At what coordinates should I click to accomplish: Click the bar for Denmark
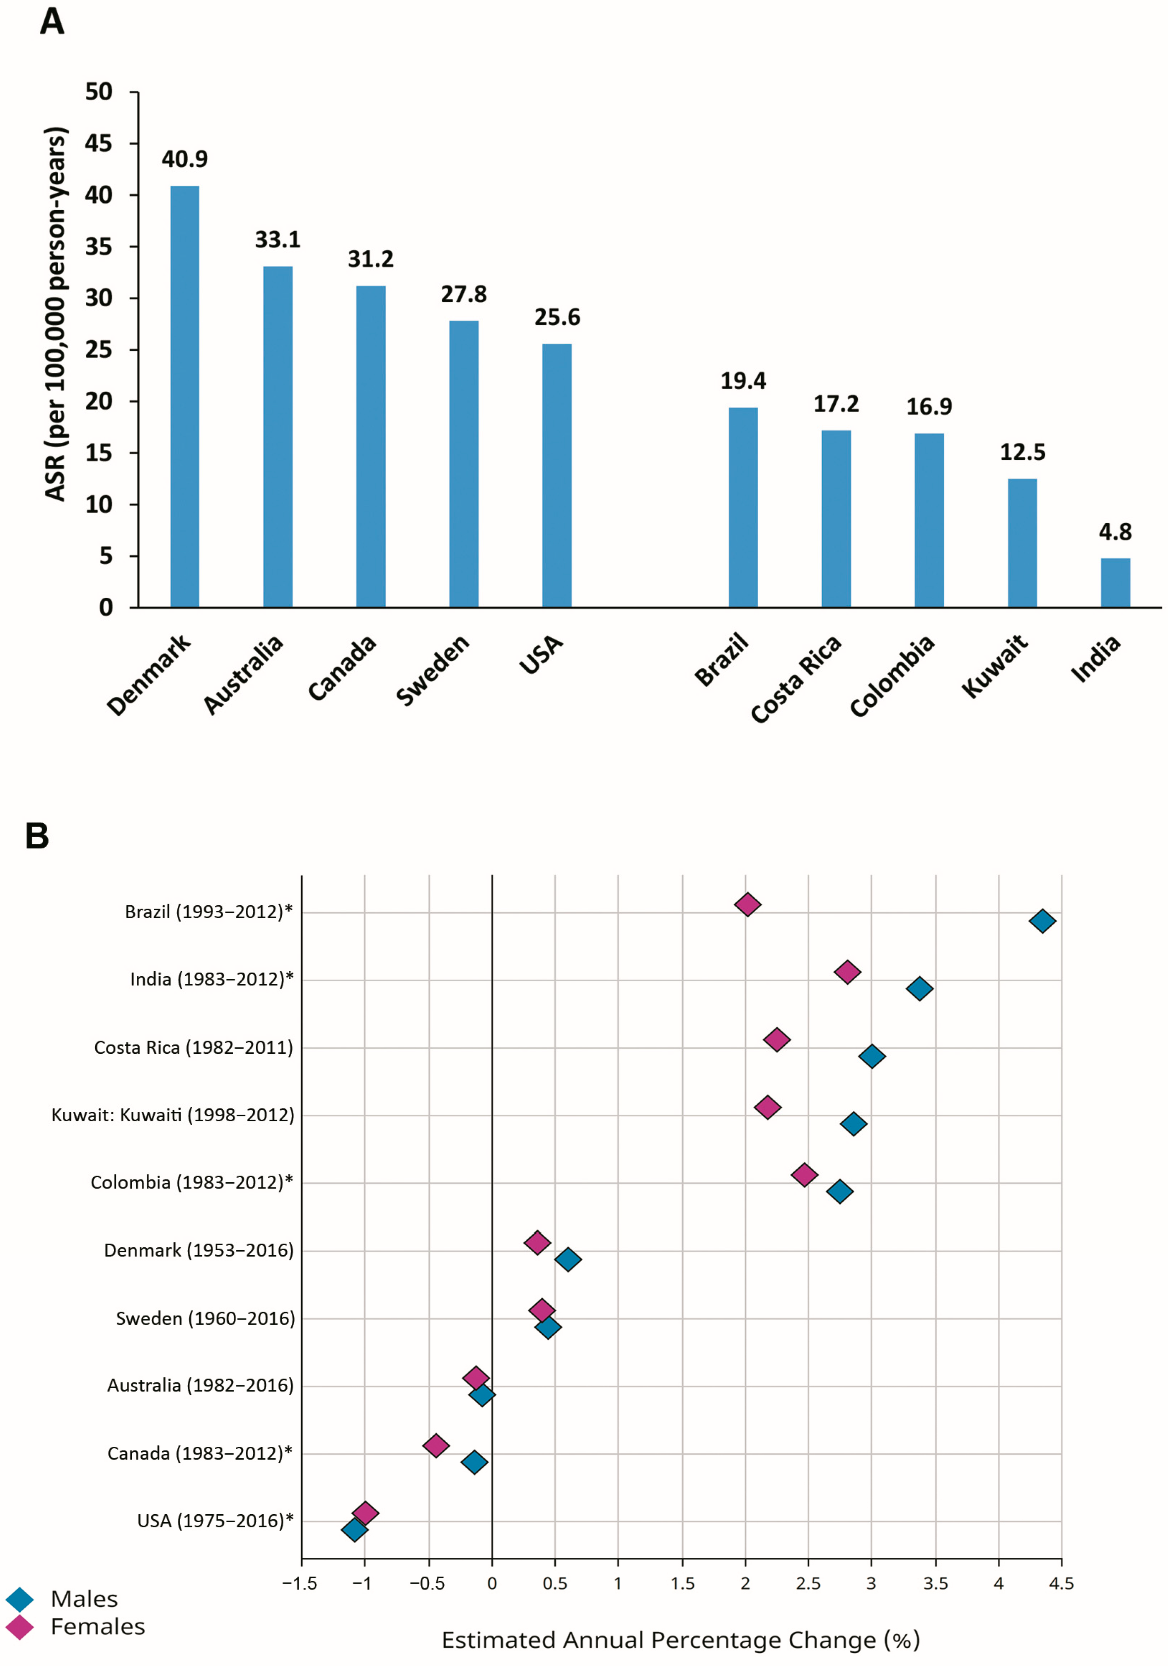coord(184,396)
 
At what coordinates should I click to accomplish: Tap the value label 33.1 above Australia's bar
coord(277,240)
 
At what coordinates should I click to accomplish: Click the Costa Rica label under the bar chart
coord(796,679)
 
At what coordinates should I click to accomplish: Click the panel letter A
coord(51,22)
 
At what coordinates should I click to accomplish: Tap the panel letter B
coord(37,836)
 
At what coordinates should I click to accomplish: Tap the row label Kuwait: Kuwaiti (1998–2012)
coord(173,1115)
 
